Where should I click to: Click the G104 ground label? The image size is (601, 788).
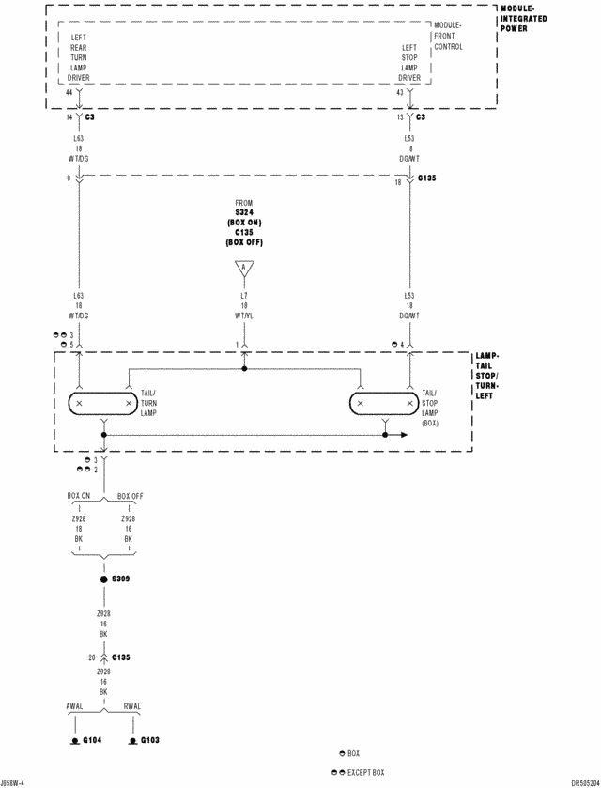[x=92, y=740]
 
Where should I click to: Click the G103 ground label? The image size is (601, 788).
[x=150, y=740]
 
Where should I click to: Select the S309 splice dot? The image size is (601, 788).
[x=104, y=579]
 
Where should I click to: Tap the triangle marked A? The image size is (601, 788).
[x=244, y=270]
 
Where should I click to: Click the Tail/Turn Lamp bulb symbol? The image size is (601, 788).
[x=102, y=403]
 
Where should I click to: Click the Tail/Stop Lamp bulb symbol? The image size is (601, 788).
[x=385, y=403]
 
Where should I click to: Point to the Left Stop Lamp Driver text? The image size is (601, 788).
[x=409, y=62]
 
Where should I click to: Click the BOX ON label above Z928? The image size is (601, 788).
[x=79, y=495]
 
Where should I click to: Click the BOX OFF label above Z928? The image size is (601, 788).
[x=131, y=495]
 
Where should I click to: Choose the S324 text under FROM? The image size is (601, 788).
[x=244, y=212]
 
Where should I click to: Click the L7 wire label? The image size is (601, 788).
[x=244, y=296]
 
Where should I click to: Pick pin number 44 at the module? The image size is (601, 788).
[x=69, y=92]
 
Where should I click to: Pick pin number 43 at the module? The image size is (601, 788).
[x=400, y=92]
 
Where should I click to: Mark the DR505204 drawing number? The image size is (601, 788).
[x=578, y=781]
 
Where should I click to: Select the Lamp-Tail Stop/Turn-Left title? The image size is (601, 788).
[x=488, y=377]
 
